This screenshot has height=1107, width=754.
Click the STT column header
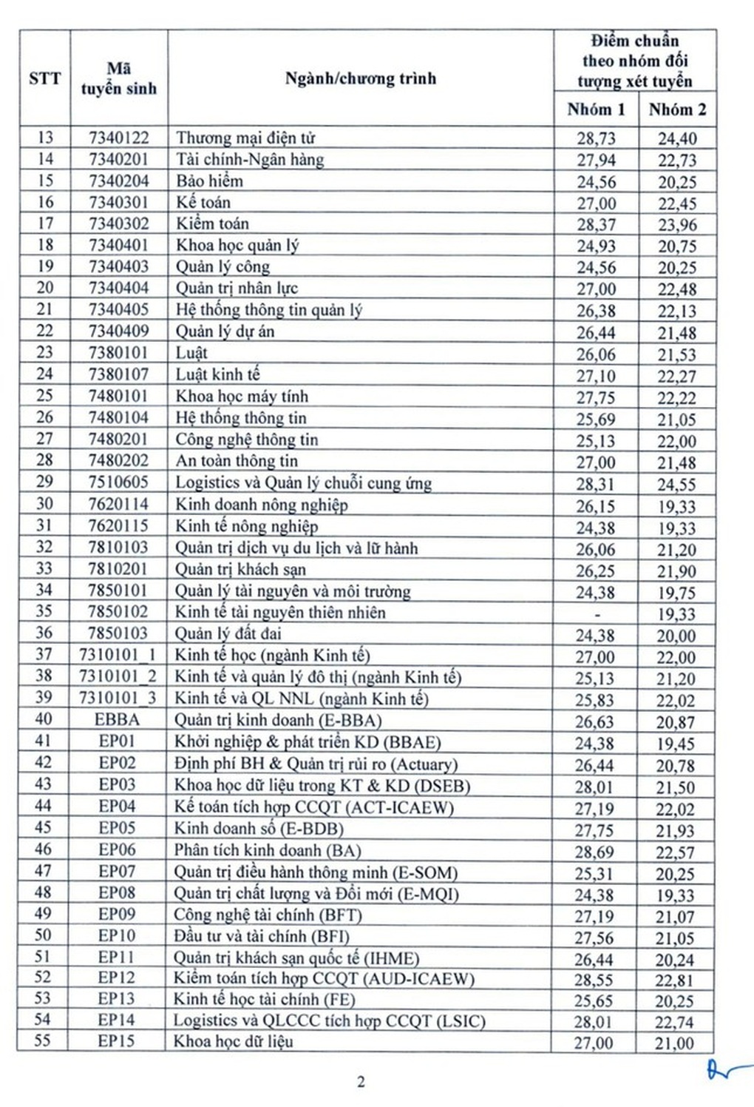(x=44, y=78)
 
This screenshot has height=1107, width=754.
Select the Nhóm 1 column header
(x=596, y=110)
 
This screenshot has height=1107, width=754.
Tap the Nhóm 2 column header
(x=677, y=110)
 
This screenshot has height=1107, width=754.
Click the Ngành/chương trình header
(x=361, y=78)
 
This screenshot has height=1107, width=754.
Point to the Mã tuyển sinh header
(x=119, y=78)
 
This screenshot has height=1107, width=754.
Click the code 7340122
(x=118, y=138)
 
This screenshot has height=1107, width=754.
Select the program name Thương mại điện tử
(x=245, y=138)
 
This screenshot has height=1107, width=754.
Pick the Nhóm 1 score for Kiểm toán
(x=596, y=224)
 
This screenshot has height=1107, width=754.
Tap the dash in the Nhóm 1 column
(x=597, y=613)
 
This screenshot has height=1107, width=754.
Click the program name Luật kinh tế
(x=217, y=374)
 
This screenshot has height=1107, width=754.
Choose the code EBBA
(x=117, y=720)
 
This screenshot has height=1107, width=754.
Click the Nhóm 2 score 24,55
(x=676, y=485)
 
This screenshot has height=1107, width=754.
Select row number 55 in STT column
(x=43, y=1041)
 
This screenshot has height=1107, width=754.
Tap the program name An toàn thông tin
(x=237, y=461)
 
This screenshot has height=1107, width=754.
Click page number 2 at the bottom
(x=361, y=1082)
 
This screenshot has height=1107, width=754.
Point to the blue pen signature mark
(x=728, y=1069)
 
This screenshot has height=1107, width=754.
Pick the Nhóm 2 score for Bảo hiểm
(x=676, y=182)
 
